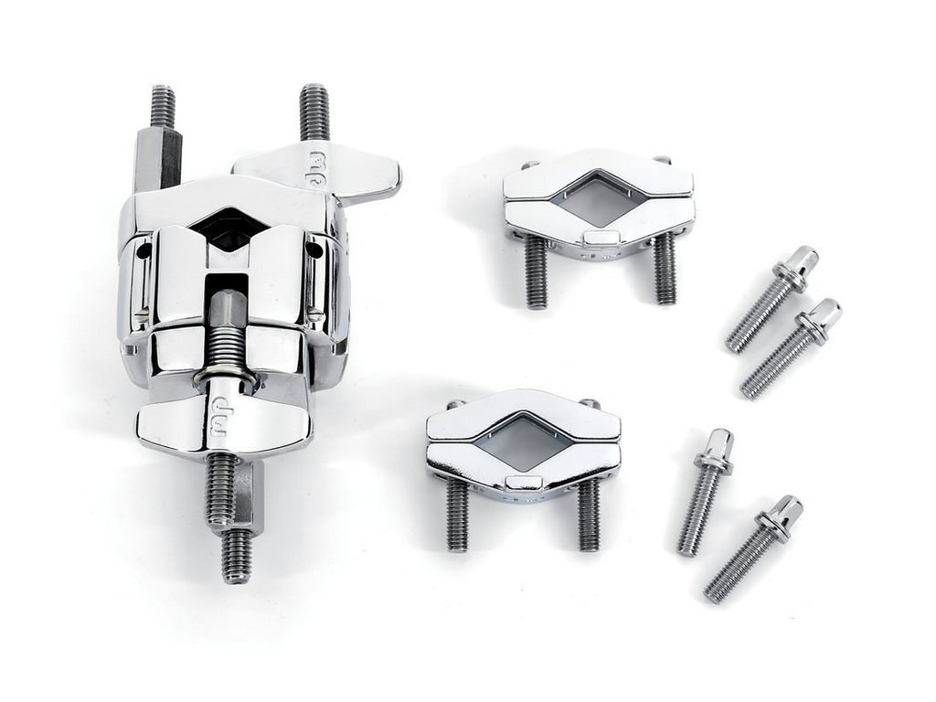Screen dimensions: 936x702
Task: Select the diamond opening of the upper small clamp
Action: pyautogui.click(x=597, y=198)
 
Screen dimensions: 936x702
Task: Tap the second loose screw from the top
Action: pyautogui.click(x=791, y=348)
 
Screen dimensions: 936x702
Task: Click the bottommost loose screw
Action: pyautogui.click(x=753, y=548)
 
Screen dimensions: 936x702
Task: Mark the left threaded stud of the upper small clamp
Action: pyautogui.click(x=536, y=275)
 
